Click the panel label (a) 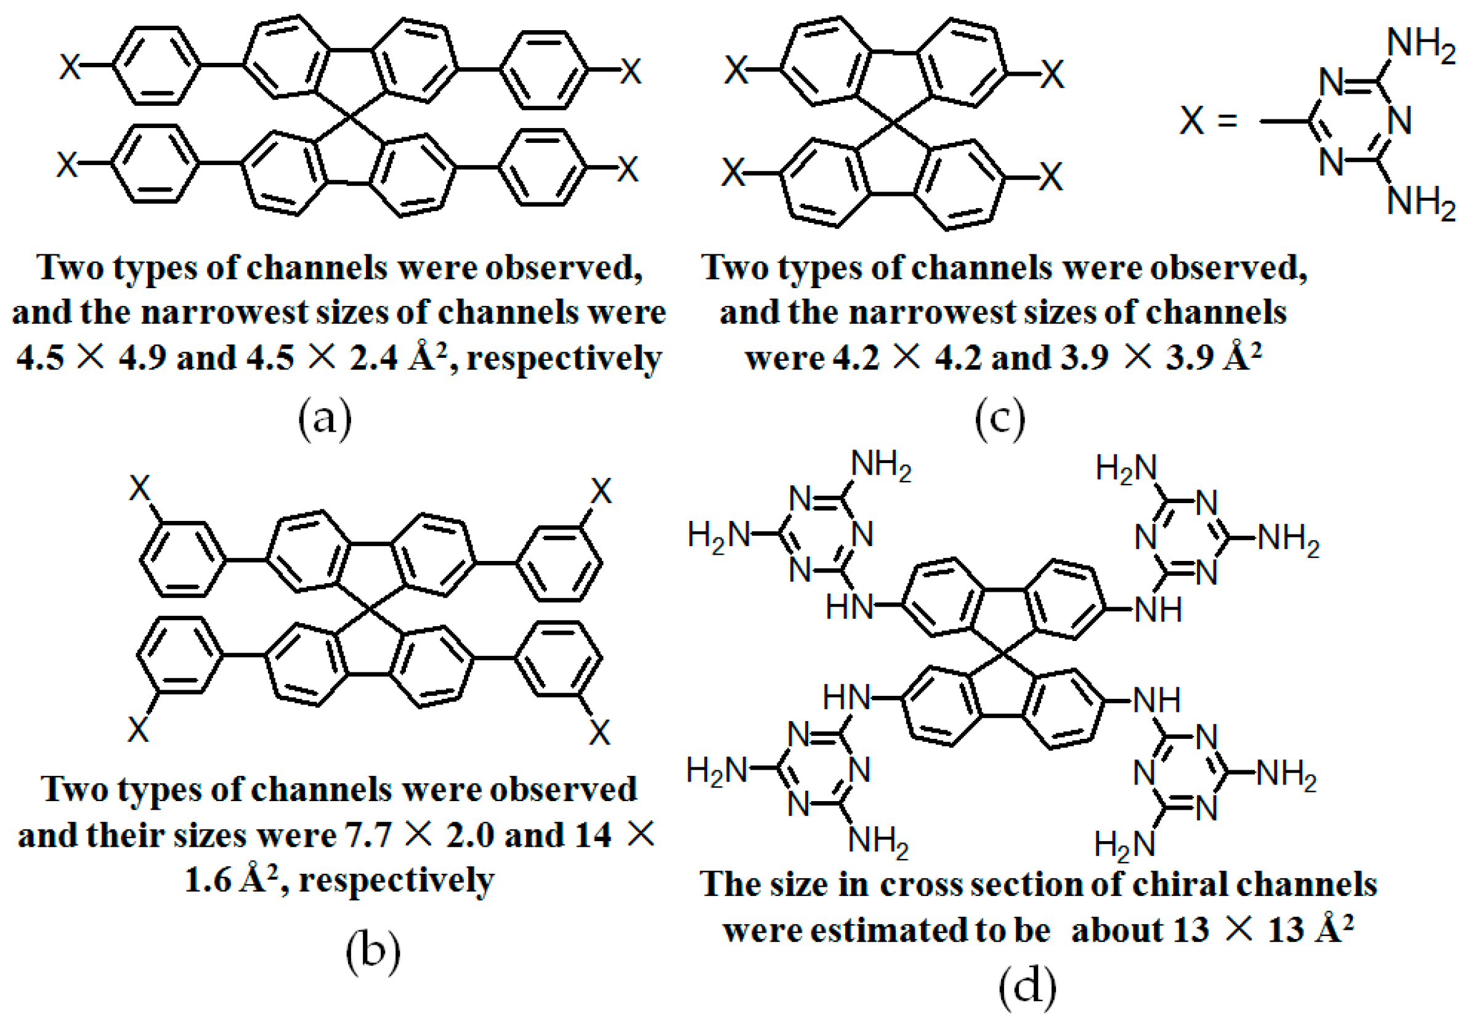tap(325, 419)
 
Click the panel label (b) tap(373, 951)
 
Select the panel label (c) tap(1000, 419)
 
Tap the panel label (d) tap(1027, 988)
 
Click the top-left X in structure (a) tap(70, 67)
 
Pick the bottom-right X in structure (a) tap(627, 169)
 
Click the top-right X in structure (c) tap(1052, 75)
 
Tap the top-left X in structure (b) tap(139, 489)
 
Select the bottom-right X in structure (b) tap(599, 733)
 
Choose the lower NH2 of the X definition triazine tap(1421, 203)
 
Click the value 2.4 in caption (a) tap(373, 358)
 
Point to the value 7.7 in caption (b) tap(368, 835)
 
